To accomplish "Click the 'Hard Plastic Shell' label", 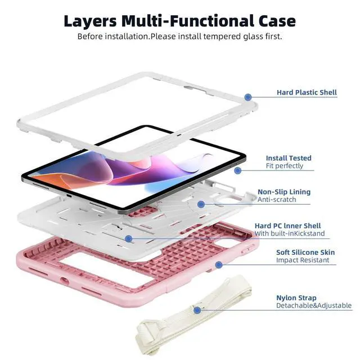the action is point(307,92).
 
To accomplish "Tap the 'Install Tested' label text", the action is point(289,158).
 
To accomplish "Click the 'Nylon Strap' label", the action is point(296,298).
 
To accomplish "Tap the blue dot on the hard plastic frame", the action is point(248,98).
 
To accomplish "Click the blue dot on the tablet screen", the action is point(237,170).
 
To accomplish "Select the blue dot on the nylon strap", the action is point(197,310).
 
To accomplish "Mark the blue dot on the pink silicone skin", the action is point(219,264).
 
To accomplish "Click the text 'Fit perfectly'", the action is point(285,166).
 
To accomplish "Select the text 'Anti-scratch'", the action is point(277,200).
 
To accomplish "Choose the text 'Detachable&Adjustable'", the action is point(313,305).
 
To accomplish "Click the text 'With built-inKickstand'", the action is point(289,233).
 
